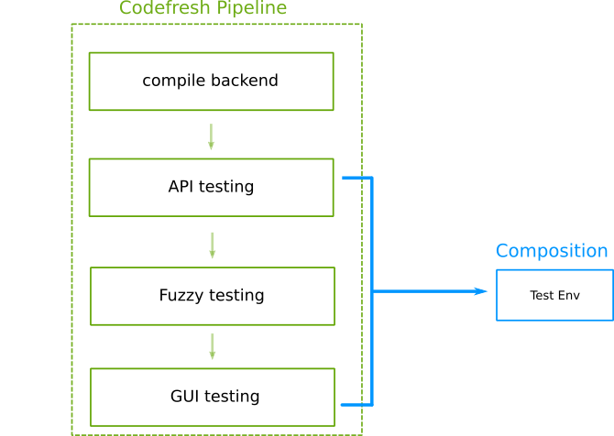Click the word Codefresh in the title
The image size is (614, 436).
[x=160, y=9]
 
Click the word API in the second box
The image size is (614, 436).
[x=181, y=187]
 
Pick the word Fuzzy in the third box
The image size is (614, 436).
[x=181, y=296]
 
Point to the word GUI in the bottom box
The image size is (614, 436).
[x=185, y=397]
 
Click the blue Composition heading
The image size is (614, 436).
[x=552, y=251]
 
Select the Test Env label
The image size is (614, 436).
[x=554, y=295]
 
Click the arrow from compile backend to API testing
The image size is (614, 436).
[x=211, y=136]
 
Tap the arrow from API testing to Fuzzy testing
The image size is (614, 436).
[x=212, y=245]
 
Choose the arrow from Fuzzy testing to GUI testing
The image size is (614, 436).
[x=212, y=346]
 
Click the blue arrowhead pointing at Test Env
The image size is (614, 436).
[x=481, y=291]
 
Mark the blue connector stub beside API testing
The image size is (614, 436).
[x=356, y=178]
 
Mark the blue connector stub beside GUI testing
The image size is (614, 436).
[x=356, y=404]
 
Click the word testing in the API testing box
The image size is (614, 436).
[x=225, y=188]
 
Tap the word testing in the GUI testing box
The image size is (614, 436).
[x=232, y=397]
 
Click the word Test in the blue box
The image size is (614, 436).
[x=542, y=295]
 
